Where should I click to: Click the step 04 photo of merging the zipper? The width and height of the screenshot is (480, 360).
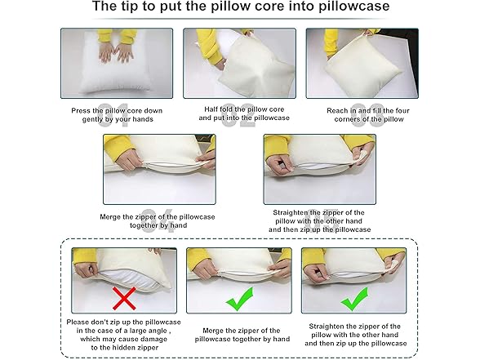click(159, 168)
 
